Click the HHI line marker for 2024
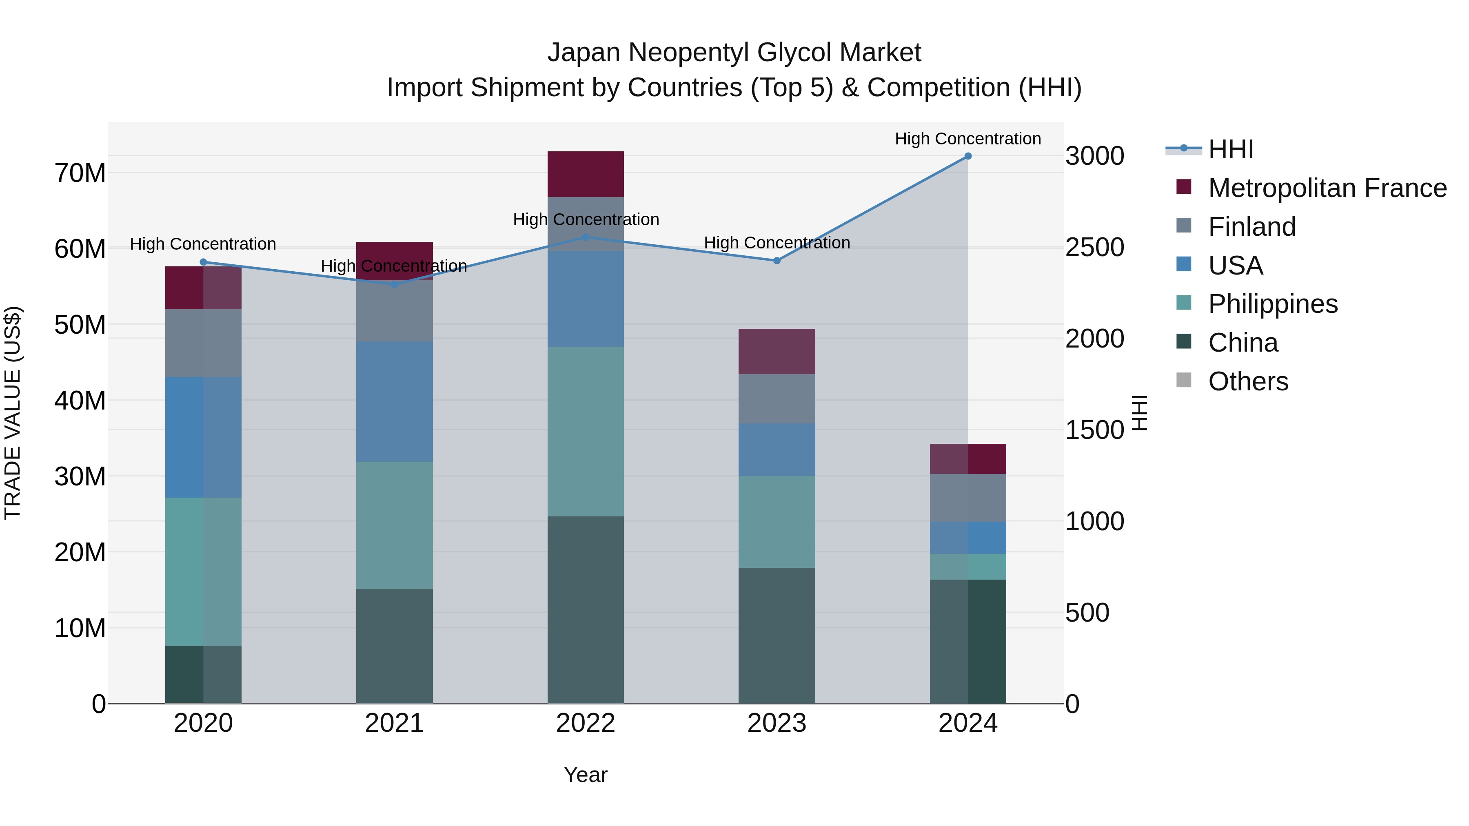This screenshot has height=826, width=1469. coord(968,156)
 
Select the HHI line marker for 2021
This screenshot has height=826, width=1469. coord(394,284)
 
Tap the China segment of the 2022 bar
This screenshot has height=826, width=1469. coord(585,609)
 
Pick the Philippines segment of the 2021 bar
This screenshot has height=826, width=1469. coord(394,525)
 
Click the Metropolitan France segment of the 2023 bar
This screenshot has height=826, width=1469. coord(776,351)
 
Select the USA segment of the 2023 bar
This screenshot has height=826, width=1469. coord(776,450)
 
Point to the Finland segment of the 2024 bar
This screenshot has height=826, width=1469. coord(968,498)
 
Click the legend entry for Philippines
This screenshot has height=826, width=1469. coord(1272,304)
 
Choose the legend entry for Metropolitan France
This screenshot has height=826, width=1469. coord(1327,188)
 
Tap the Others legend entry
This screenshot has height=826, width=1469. coord(1248,381)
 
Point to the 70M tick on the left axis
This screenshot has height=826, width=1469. coord(80,173)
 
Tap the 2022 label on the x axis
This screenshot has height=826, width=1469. coord(585,723)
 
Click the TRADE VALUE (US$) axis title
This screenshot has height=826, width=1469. coord(13,413)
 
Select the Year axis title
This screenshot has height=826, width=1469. coord(585,775)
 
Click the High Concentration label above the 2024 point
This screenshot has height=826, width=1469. coord(968,139)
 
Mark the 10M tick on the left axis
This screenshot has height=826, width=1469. coord(80,628)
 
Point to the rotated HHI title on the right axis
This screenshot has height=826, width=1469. coord(1139,413)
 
